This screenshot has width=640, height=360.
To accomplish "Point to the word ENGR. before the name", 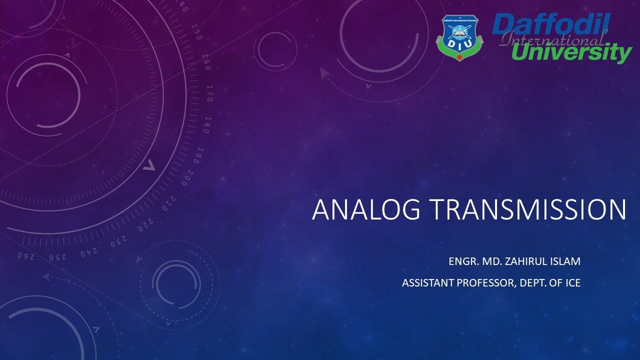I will coord(462,261).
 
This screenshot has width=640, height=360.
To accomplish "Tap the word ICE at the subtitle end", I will coord(572,283).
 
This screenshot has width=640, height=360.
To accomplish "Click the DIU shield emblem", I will coord(460,38).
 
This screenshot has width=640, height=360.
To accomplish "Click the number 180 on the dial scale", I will coord(206,124).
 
